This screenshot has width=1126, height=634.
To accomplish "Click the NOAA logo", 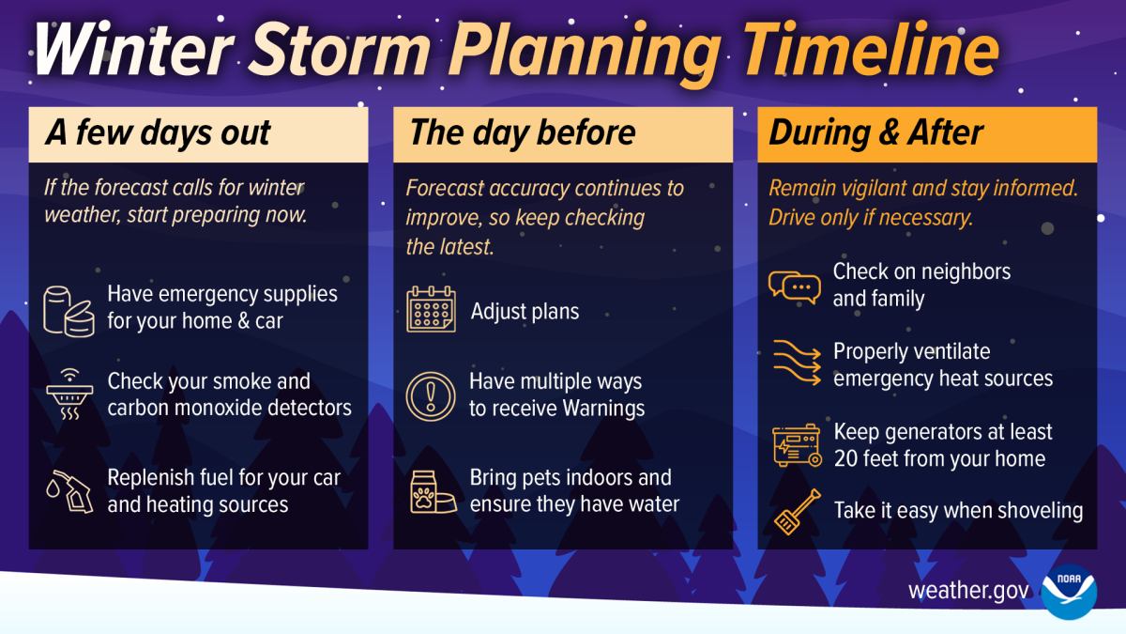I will pos(1069,592).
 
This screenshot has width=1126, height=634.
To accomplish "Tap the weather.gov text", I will pos(969,592).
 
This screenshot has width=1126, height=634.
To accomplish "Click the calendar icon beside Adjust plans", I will pos(431,310).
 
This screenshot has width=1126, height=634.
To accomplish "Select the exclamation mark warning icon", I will pos(431,395).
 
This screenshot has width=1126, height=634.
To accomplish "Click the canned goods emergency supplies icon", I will pos(69,307).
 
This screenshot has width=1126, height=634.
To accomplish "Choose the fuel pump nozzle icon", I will pos(68,490).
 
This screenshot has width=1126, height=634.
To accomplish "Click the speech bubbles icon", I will pos(794,286).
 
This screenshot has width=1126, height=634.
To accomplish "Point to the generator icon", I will pos(796,445).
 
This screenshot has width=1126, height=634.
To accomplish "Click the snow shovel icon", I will pos(796,510).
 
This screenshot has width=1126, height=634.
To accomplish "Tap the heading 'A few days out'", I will pos(158,133).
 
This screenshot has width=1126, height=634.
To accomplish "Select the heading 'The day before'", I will pos(523,133).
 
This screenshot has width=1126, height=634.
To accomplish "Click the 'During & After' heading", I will pos(876,133).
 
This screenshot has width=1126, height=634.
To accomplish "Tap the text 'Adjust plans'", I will pos(525,311).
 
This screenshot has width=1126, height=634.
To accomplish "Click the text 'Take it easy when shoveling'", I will pos(958,511).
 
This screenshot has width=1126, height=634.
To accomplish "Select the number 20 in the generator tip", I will pos(846,459).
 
